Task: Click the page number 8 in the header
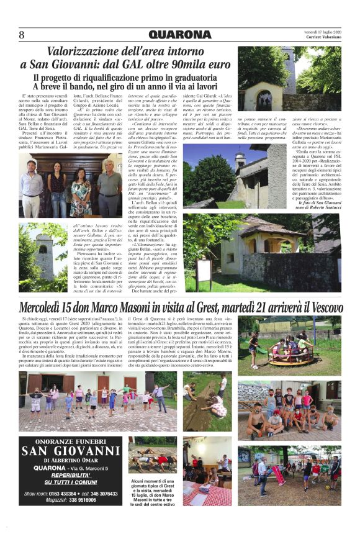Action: point(22,34)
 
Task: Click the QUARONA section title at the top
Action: point(179,35)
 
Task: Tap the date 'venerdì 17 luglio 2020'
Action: point(322,30)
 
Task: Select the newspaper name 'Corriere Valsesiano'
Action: point(323,37)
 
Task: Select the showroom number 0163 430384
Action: point(62,494)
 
